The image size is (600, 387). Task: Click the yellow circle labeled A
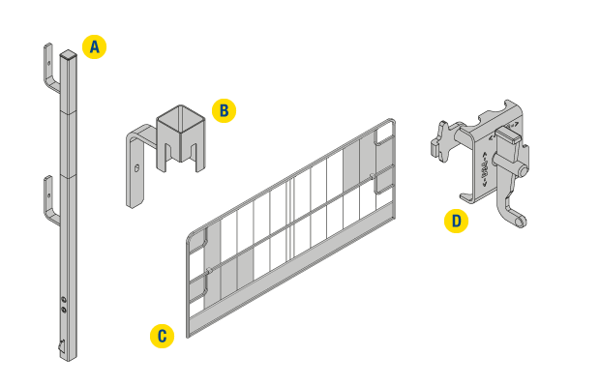tap(94, 46)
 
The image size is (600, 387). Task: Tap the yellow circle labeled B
tap(224, 110)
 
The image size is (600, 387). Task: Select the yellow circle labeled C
tap(162, 336)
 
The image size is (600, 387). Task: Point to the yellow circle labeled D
tap(456, 221)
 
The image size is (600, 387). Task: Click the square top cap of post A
tap(68, 54)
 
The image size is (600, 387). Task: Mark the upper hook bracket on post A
tap(51, 69)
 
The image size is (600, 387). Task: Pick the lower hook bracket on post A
tap(51, 201)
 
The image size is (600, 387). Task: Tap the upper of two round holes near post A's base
tap(64, 299)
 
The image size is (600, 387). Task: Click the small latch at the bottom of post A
tap(62, 345)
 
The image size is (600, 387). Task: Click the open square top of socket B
tap(181, 116)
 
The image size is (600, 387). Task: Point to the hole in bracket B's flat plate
tap(137, 168)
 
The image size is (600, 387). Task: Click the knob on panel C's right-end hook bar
tap(372, 176)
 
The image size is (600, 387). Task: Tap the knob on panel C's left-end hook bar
tap(209, 271)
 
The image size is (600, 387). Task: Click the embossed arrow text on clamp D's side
tap(485, 169)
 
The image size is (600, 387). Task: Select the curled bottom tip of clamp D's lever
tap(520, 221)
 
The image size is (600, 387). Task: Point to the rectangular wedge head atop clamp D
tap(508, 134)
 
